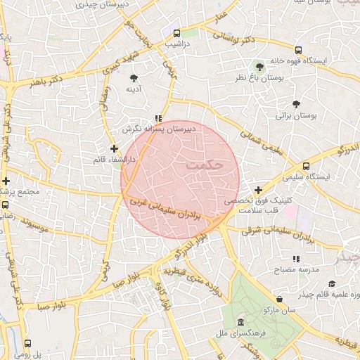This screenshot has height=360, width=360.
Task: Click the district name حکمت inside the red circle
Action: click(205, 164)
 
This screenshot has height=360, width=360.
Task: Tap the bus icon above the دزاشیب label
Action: click(176, 32)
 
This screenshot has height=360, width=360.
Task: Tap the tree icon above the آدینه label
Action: click(134, 77)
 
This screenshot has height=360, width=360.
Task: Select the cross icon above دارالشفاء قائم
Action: click(114, 148)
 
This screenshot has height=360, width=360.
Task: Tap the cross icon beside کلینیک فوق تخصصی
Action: click(259, 191)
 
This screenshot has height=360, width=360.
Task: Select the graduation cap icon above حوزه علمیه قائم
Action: click(331, 283)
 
